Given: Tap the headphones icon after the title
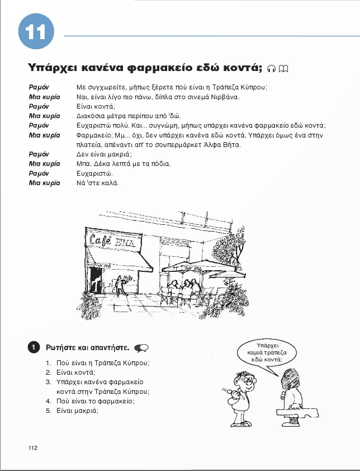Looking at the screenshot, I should click(x=272, y=69).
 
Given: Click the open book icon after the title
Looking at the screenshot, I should click(x=283, y=69).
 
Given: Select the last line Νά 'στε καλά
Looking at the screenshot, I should click(x=97, y=183).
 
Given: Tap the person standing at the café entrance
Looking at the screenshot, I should click(x=119, y=286).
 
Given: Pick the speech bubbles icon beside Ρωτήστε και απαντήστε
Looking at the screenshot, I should click(x=141, y=347).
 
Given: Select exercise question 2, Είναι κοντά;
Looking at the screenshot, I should click(x=76, y=372).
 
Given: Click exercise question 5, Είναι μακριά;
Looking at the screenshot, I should click(x=78, y=410).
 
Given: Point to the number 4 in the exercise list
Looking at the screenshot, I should click(x=48, y=401).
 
